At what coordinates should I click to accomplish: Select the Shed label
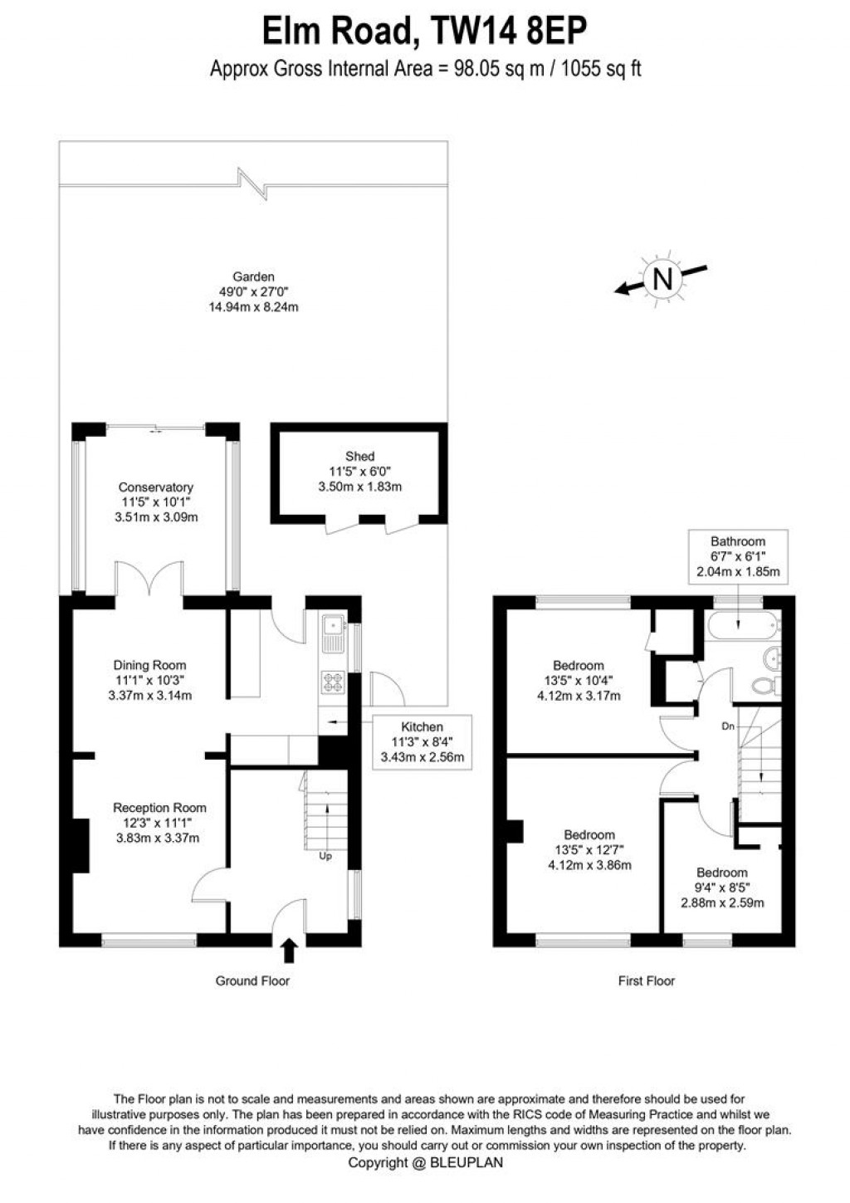pyautogui.click(x=359, y=456)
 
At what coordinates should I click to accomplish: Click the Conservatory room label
pyautogui.click(x=155, y=487)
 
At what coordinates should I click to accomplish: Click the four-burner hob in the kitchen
pyautogui.click(x=334, y=682)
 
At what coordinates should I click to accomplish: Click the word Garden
pyautogui.click(x=253, y=276)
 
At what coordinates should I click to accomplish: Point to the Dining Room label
pyautogui.click(x=149, y=665)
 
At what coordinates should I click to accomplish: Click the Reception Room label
pyautogui.click(x=159, y=808)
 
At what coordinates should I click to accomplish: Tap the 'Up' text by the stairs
pyautogui.click(x=325, y=856)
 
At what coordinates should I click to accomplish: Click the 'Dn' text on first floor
pyautogui.click(x=728, y=726)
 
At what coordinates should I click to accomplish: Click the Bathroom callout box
pyautogui.click(x=737, y=556)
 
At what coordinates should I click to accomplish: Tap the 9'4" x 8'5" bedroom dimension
pyautogui.click(x=722, y=888)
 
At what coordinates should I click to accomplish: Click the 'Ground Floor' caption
pyautogui.click(x=252, y=981)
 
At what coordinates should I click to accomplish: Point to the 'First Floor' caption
pyautogui.click(x=647, y=981)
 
